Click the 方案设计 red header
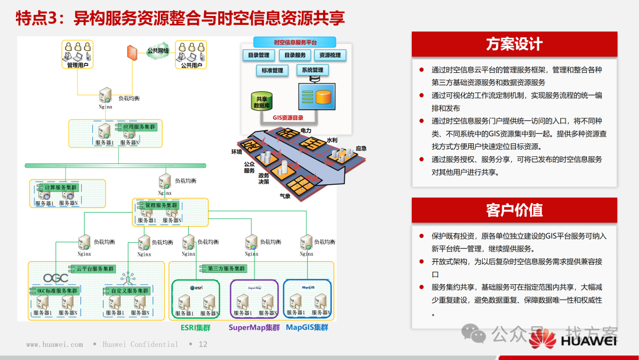coord(514,44)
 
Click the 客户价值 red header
coord(514,210)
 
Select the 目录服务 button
coord(295,55)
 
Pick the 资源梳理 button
coord(330,55)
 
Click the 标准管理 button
coord(272,70)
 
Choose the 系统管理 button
coord(312,70)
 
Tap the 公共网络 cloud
coord(157,51)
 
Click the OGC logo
coord(56,278)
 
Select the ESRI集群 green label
coord(196,327)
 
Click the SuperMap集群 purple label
coord(254,327)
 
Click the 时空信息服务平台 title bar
coord(295,43)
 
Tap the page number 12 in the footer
coord(203,345)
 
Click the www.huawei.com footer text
coord(54,345)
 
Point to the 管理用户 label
coord(78,65)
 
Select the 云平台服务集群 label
coord(95,269)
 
